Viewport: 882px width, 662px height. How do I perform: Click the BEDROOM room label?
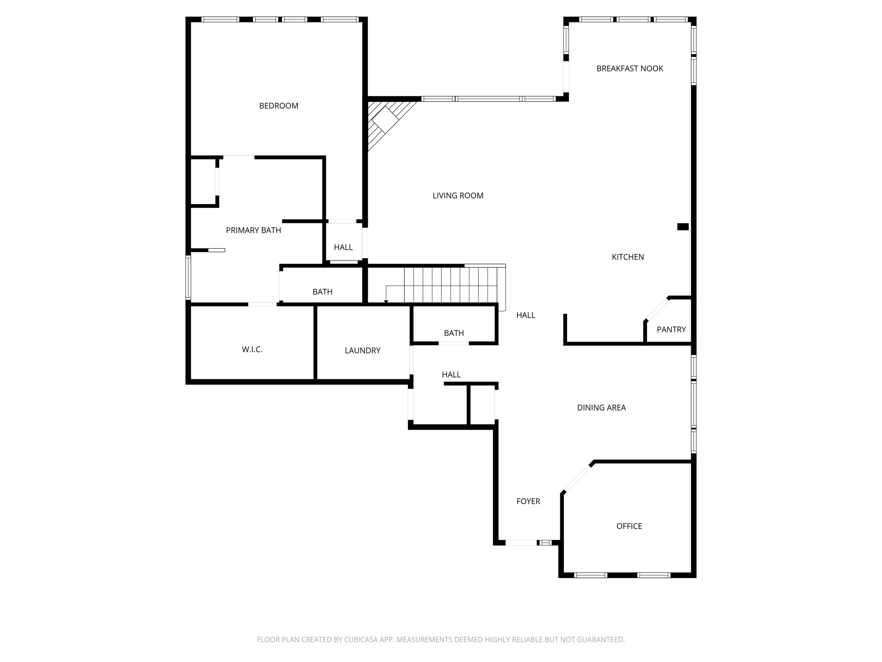(279, 106)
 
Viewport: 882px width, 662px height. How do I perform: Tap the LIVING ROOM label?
(458, 196)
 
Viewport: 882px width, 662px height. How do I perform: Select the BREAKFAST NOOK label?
(630, 69)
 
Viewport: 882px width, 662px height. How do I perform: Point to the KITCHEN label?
(627, 257)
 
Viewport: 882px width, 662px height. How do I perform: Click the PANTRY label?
(671, 330)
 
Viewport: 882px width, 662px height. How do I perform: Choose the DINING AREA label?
(601, 408)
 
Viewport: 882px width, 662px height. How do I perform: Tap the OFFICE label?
(629, 526)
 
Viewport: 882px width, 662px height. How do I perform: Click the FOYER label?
(528, 501)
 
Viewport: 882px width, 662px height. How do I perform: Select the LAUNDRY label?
(362, 351)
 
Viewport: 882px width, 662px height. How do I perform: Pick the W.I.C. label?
(252, 350)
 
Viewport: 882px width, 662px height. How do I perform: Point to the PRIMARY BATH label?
(253, 231)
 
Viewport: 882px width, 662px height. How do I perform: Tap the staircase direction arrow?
(386, 301)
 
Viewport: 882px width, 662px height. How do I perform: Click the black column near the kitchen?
(683, 227)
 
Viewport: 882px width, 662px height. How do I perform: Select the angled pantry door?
(657, 309)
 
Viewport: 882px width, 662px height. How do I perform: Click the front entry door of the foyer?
(521, 543)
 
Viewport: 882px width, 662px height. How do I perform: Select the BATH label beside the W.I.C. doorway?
(322, 292)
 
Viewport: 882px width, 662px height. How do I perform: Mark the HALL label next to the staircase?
(525, 315)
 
